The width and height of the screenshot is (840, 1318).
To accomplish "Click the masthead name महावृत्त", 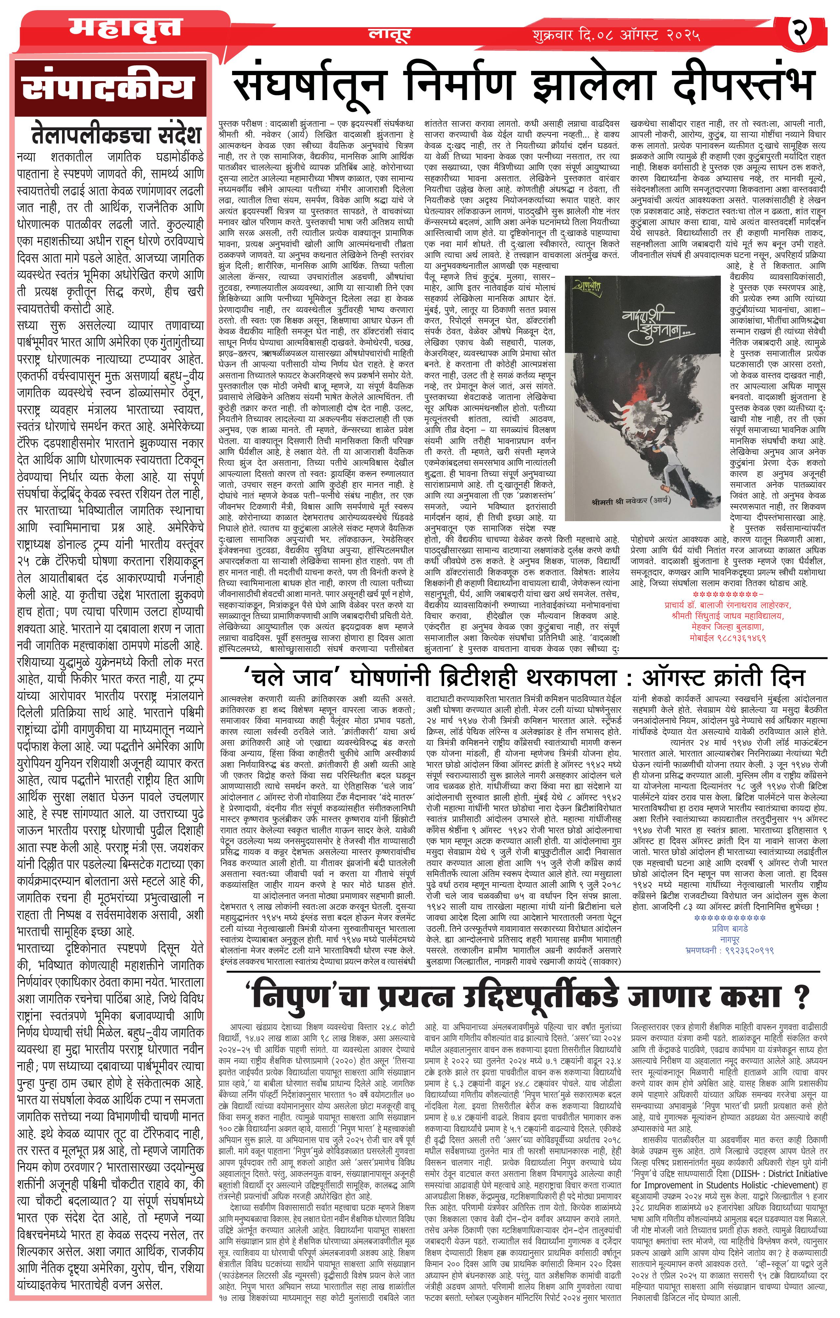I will point(125,29).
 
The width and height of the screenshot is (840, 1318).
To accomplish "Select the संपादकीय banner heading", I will point(108,88).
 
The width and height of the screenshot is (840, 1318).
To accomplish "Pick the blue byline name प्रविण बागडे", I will point(729,929).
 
